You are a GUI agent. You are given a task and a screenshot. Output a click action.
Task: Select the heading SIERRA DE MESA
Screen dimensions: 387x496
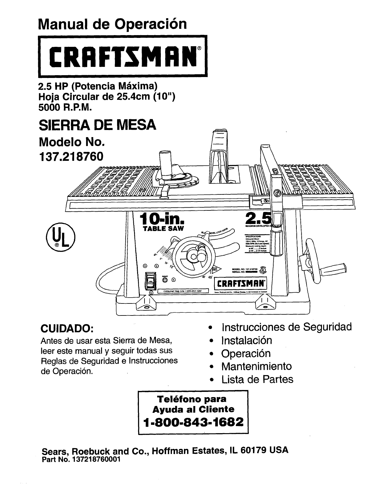pos(97,126)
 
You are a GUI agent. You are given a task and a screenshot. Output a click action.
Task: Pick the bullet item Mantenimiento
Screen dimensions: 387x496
pos(256,366)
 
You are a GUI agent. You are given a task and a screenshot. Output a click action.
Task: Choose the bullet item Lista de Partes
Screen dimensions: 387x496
pos(257,379)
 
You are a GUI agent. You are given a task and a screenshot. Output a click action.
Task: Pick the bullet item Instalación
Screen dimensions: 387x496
pos(247,340)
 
